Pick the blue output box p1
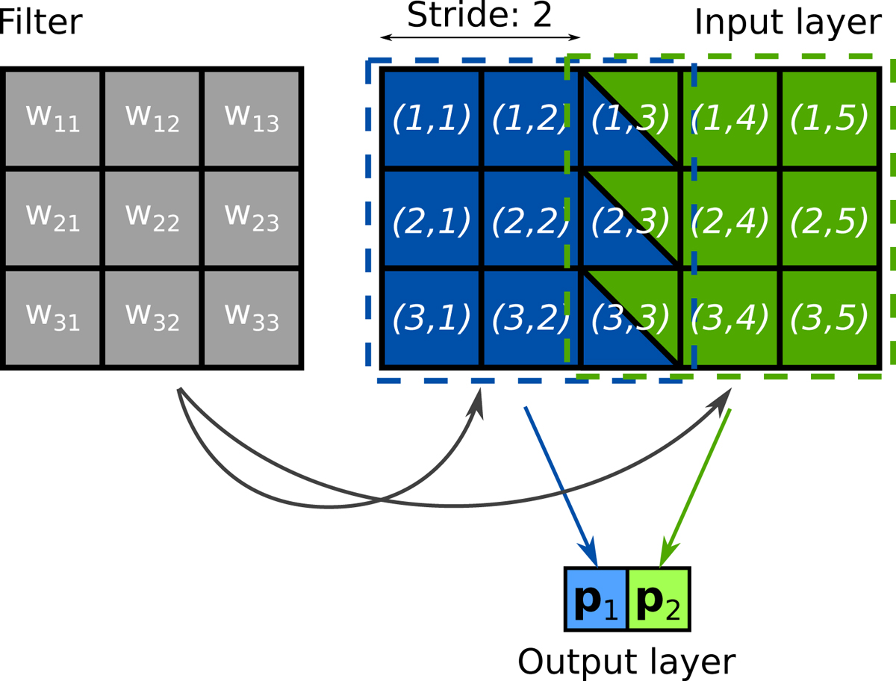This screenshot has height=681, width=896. point(597,599)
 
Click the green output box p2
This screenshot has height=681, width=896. point(659,599)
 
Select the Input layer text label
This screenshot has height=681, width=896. point(788,22)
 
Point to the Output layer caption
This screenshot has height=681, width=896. point(626,661)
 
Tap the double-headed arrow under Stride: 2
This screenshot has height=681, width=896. point(479,37)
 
